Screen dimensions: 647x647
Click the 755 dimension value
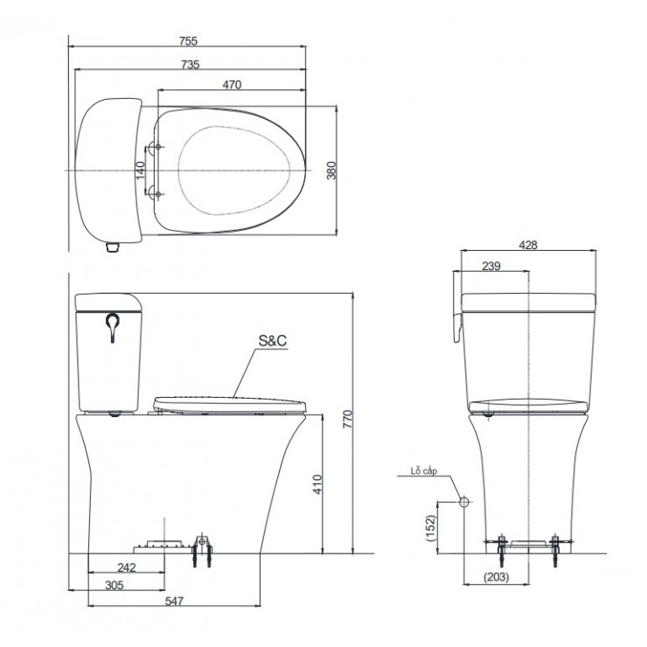tap(188, 41)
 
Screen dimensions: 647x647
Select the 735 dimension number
tap(191, 65)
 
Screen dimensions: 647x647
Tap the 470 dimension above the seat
tap(232, 85)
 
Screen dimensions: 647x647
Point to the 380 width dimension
tap(331, 170)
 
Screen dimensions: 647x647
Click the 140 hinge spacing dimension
tap(140, 170)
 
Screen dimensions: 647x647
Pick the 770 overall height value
tap(348, 419)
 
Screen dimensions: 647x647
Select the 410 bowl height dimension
tap(317, 484)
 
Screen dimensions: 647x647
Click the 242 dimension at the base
tap(126, 567)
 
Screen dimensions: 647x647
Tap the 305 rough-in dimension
tap(115, 585)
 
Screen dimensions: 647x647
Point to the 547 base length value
tap(174, 602)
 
